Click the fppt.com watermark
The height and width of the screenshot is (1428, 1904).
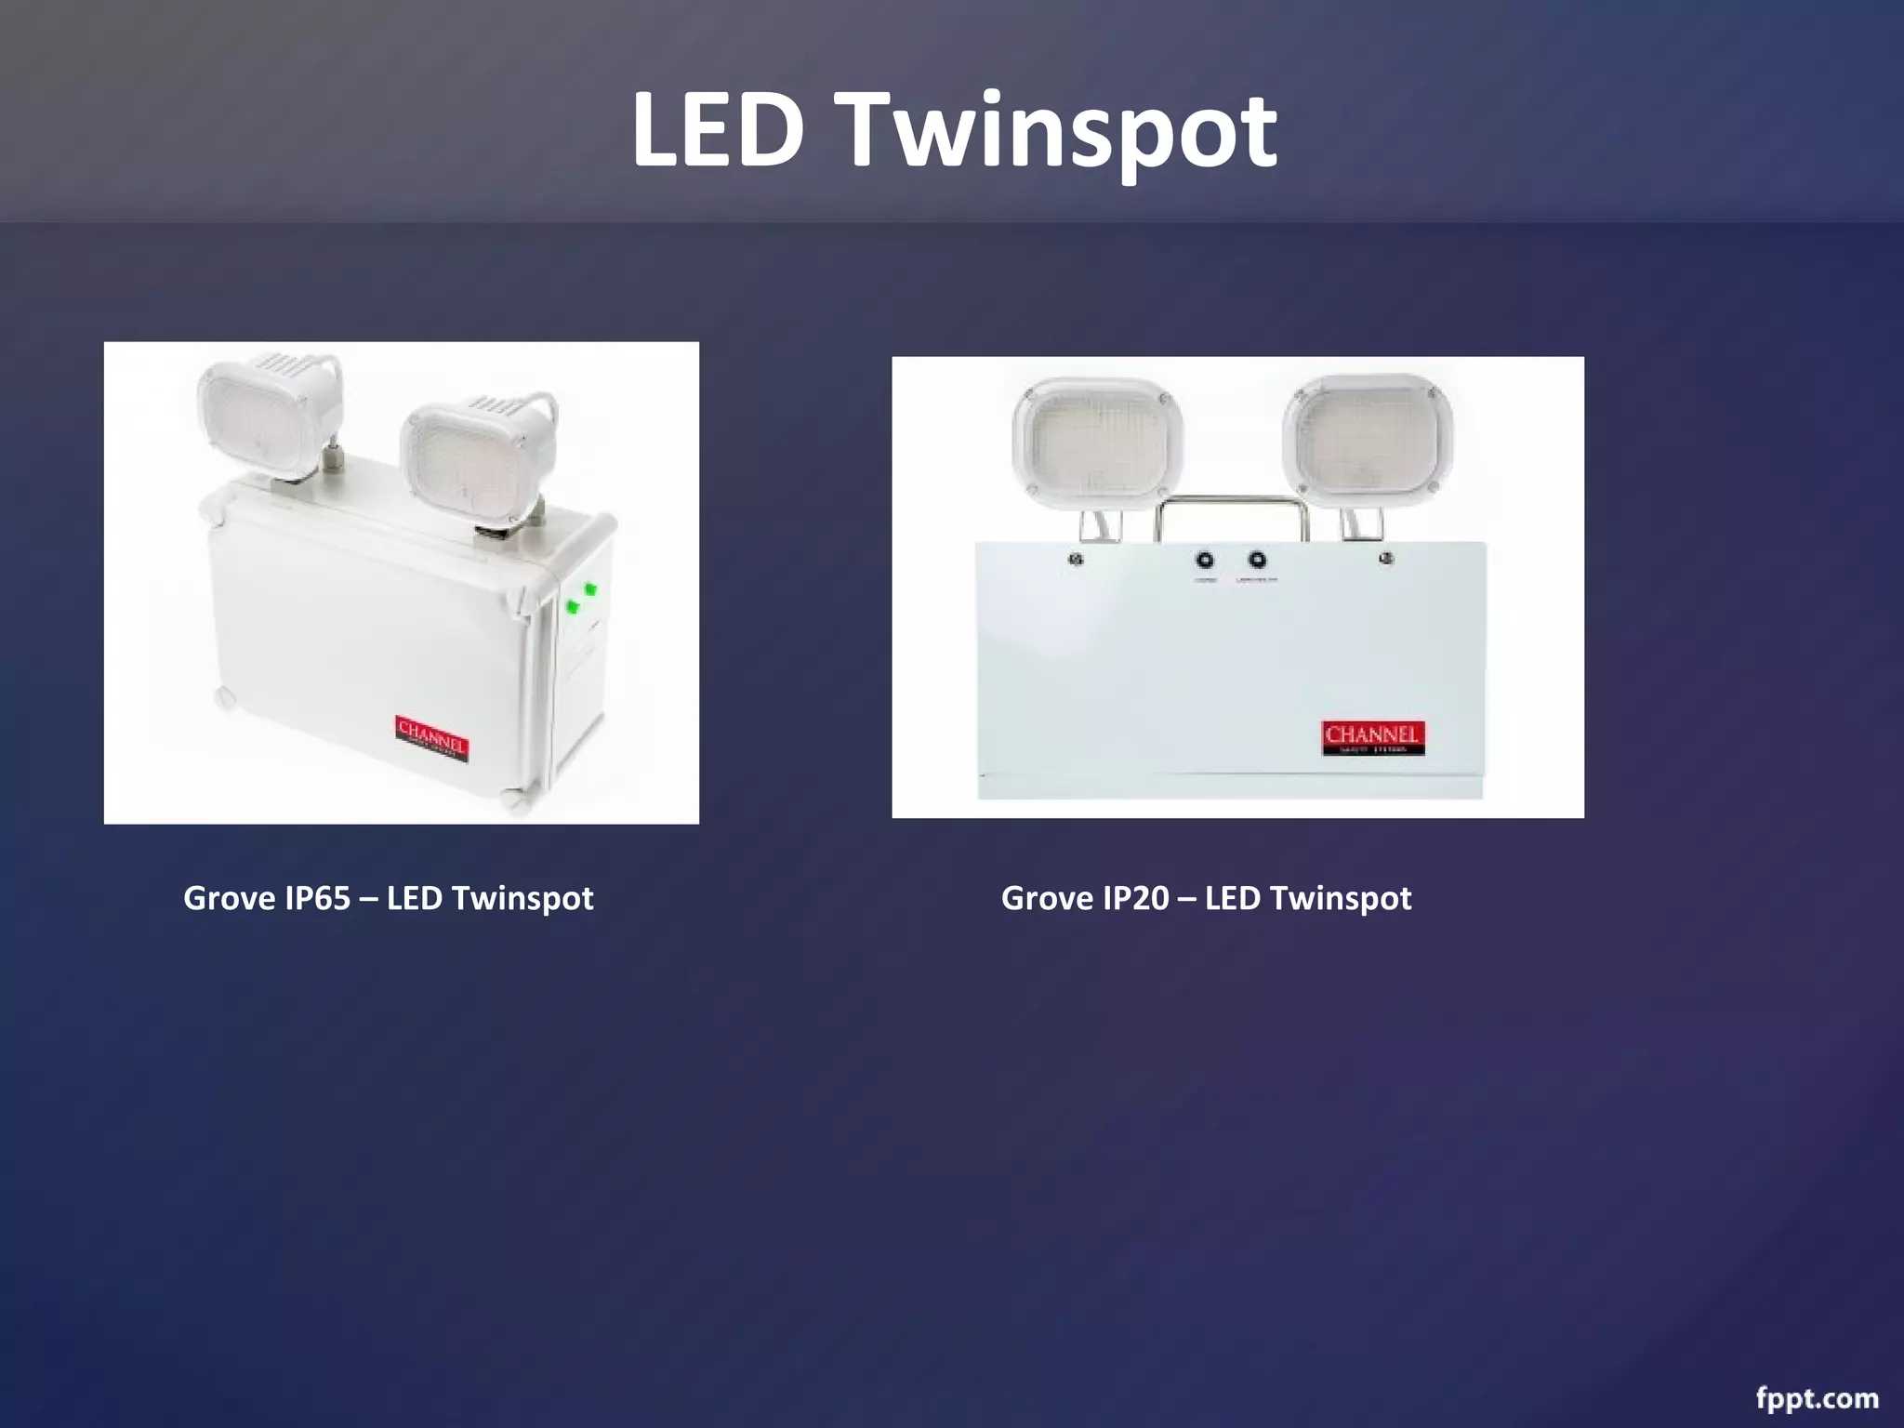pyautogui.click(x=1817, y=1398)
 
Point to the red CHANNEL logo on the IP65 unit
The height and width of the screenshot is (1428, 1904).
pyautogui.click(x=432, y=738)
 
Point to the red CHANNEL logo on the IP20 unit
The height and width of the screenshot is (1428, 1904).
pyautogui.click(x=1372, y=738)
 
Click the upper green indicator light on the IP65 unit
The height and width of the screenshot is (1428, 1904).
pyautogui.click(x=589, y=588)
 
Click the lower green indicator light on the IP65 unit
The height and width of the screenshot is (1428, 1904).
pyautogui.click(x=573, y=607)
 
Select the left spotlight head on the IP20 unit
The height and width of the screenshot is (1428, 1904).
pyautogui.click(x=1098, y=443)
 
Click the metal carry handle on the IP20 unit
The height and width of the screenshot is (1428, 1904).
pyautogui.click(x=1231, y=507)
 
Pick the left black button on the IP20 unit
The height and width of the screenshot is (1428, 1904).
pyautogui.click(x=1205, y=561)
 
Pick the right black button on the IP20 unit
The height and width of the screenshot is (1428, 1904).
pyautogui.click(x=1257, y=561)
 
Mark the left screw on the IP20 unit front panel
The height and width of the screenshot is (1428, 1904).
pyautogui.click(x=1077, y=560)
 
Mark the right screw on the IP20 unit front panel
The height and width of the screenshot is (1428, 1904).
pyautogui.click(x=1386, y=559)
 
